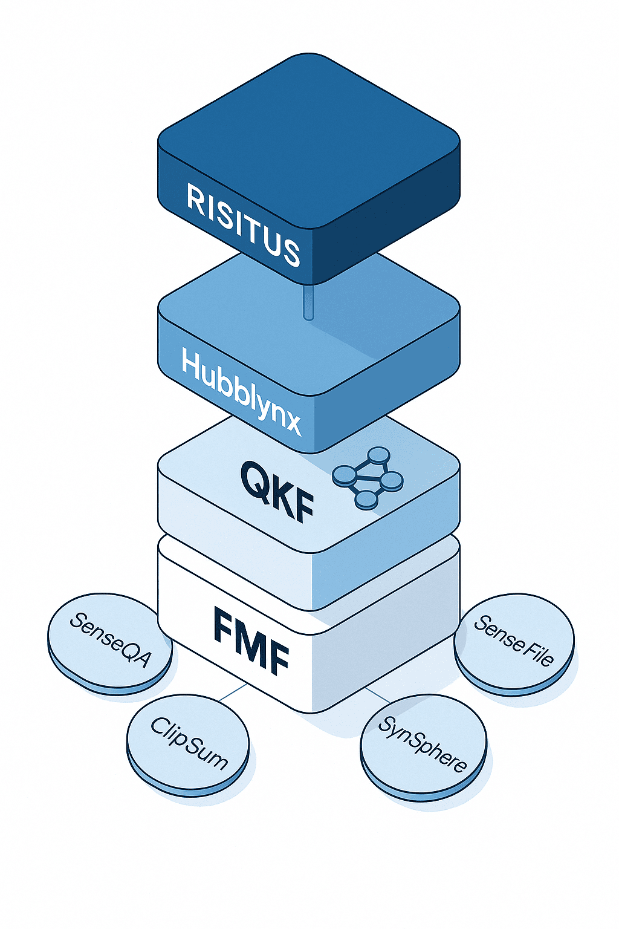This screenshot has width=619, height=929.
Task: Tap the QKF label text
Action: tap(277, 491)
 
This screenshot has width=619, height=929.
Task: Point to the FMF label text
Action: tap(251, 641)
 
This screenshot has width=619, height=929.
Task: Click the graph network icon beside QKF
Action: tap(368, 477)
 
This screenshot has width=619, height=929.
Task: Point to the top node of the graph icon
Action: tap(379, 455)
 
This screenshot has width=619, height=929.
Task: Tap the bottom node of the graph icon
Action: tap(366, 500)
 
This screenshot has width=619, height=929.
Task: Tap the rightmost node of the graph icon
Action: tap(391, 481)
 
